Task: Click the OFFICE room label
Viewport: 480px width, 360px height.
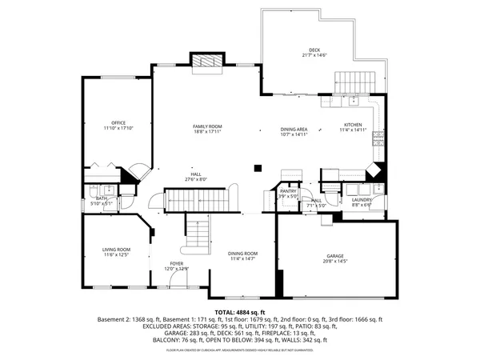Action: click(x=118, y=122)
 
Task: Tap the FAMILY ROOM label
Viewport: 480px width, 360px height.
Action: click(x=206, y=126)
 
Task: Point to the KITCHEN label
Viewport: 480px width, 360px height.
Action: click(x=353, y=125)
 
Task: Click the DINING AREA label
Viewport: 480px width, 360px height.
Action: click(x=294, y=129)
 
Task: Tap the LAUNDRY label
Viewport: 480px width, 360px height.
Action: click(x=362, y=200)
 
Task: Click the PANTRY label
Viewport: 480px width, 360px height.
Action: click(x=288, y=191)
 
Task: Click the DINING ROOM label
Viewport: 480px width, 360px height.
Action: click(x=243, y=253)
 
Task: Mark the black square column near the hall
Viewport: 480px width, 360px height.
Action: click(x=257, y=167)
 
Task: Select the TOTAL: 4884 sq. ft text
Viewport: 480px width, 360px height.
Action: click(x=239, y=312)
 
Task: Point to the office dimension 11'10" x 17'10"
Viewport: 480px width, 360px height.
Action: click(x=118, y=128)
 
